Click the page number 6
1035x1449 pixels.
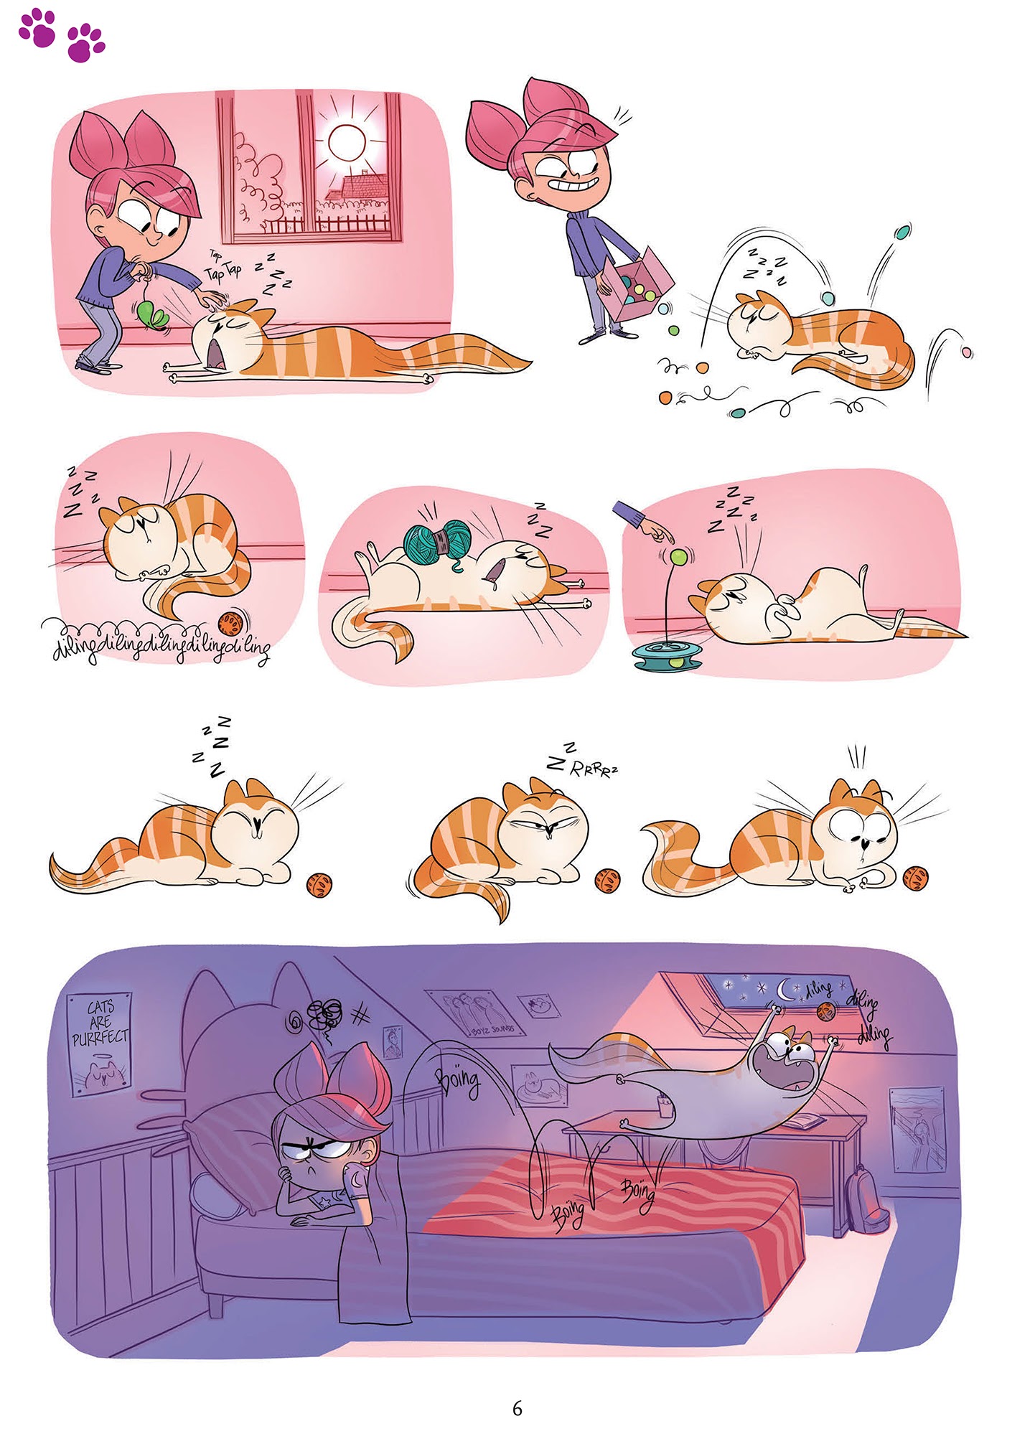[517, 1408]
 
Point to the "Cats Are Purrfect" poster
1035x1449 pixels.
[100, 1042]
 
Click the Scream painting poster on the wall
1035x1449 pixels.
[917, 1129]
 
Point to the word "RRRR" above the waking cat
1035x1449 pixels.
[593, 770]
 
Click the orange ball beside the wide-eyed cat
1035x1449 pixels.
[915, 877]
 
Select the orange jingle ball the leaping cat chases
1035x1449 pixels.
[825, 1011]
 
